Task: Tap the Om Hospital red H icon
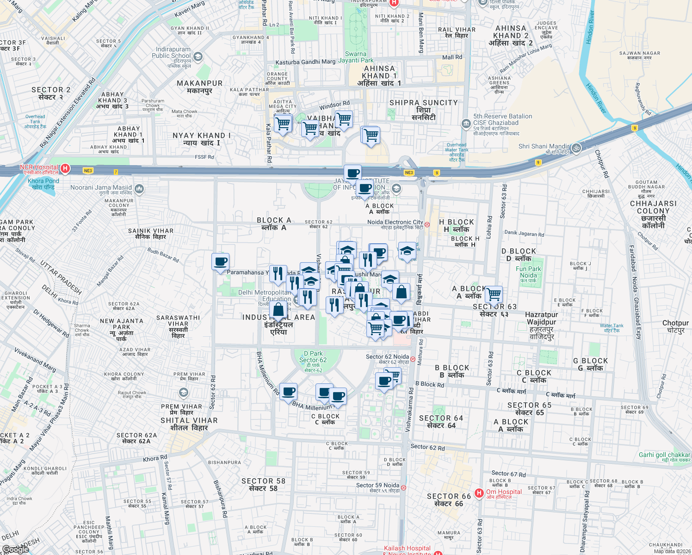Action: click(x=480, y=493)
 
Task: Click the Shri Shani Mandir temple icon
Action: click(x=576, y=148)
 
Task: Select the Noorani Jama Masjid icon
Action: click(x=139, y=189)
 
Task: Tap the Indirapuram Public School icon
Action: click(x=198, y=57)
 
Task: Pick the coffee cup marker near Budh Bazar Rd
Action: click(x=221, y=262)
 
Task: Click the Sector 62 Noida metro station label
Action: click(x=388, y=357)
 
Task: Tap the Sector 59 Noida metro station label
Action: click(x=378, y=486)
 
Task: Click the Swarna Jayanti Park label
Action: click(x=356, y=57)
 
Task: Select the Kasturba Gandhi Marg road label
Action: click(x=305, y=62)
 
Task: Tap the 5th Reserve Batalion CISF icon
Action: click(x=466, y=123)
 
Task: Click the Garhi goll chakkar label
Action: click(x=664, y=455)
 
